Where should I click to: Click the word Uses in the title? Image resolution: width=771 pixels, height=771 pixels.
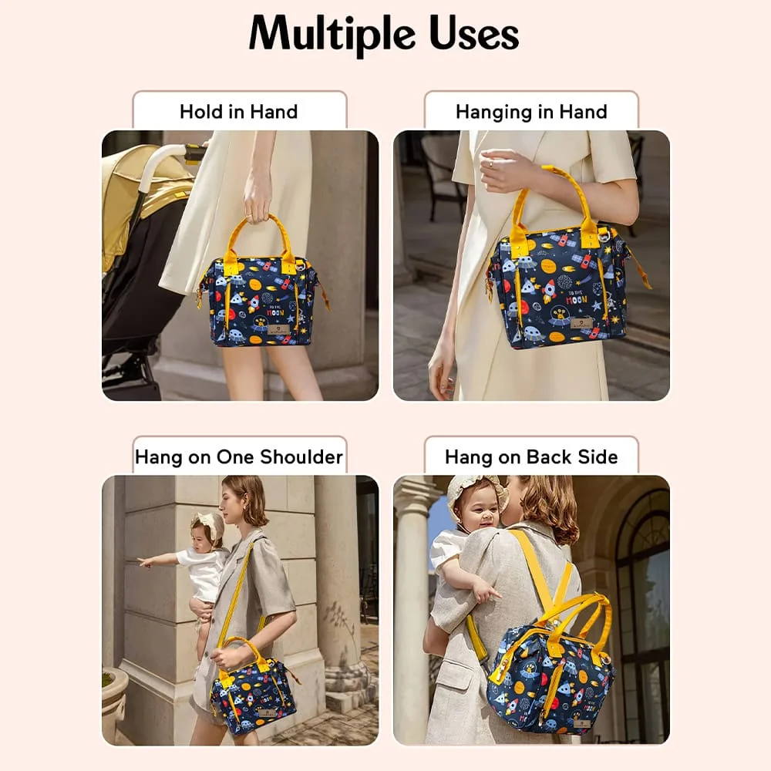(473, 34)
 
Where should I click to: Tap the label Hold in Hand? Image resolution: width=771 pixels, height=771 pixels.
(238, 112)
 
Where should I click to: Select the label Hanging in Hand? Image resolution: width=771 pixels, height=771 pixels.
(531, 112)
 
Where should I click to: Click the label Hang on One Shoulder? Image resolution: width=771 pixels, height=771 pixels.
(238, 456)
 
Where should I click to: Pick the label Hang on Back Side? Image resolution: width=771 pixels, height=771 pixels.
(531, 456)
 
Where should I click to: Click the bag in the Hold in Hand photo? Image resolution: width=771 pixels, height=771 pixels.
(262, 301)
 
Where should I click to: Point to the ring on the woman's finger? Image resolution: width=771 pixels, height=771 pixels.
(490, 163)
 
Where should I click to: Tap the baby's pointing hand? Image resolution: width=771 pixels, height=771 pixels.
(144, 561)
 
